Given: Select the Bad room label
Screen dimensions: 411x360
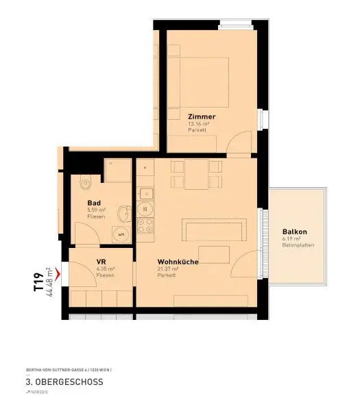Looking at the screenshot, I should tap(94, 203).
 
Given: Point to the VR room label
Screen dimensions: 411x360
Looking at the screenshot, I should tap(101, 262).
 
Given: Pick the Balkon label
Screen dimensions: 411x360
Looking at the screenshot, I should tap(294, 231).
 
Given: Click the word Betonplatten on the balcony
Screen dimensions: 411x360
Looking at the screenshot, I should tap(298, 244).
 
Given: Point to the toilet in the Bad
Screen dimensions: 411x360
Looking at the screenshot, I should tap(85, 183).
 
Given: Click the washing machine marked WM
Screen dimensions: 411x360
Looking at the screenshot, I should tap(121, 234).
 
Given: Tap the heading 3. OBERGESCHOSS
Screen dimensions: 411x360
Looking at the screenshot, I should tap(65, 382).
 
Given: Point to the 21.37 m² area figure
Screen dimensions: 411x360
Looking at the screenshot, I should tap(167, 269).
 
